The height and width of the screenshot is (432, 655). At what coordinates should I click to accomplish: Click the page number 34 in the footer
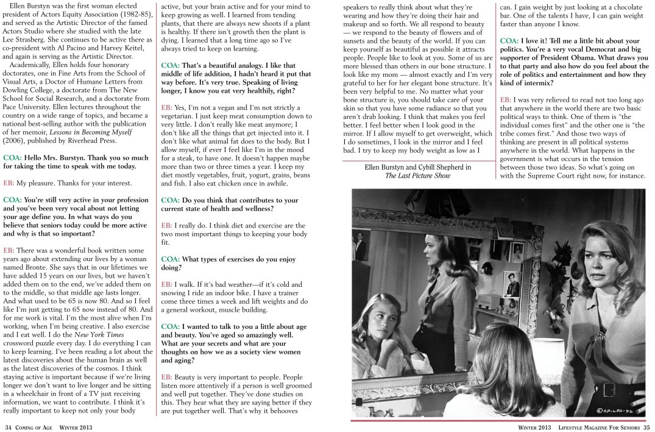tap(8, 427)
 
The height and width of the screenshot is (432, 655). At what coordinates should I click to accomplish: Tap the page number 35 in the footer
tap(646, 427)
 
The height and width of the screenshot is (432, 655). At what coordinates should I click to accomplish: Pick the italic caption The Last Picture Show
tap(418, 176)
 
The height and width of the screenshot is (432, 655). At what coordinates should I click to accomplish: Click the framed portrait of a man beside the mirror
tap(511, 284)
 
